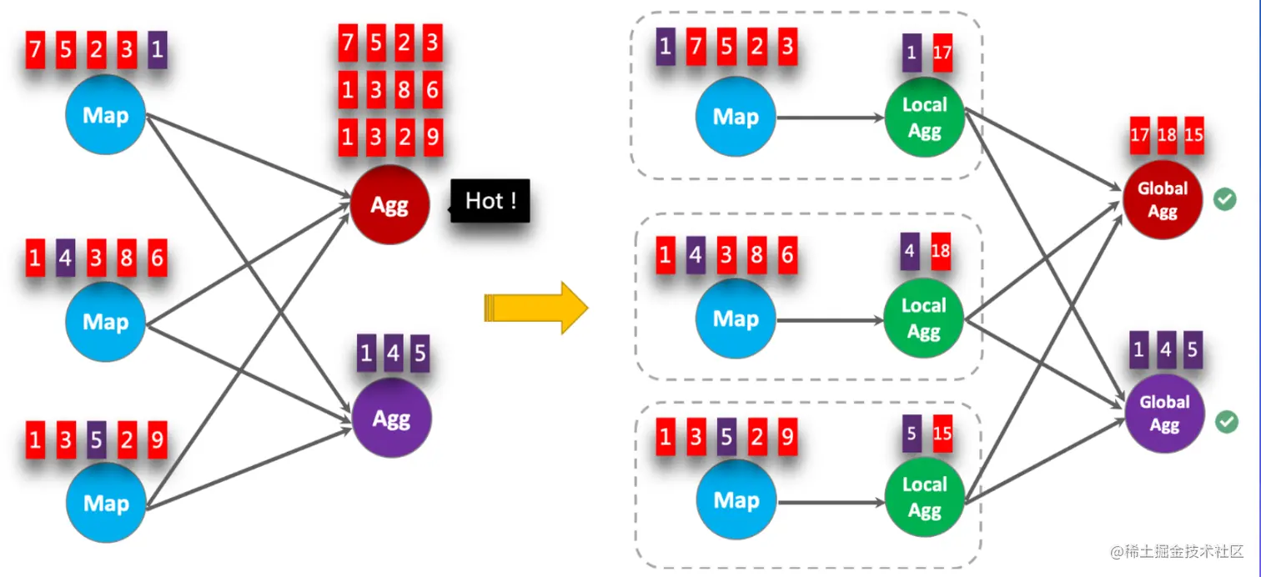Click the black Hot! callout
click(x=490, y=201)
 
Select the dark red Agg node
click(x=389, y=205)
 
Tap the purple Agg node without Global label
click(x=391, y=417)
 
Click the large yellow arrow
click(x=536, y=308)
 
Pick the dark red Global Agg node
click(x=1162, y=200)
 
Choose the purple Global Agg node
click(x=1164, y=413)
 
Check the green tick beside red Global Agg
click(x=1224, y=199)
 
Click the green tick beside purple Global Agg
click(x=1225, y=421)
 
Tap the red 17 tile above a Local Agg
click(x=942, y=53)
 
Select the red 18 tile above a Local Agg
click(x=941, y=251)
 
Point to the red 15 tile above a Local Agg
click(x=942, y=434)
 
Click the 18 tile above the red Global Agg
click(x=1167, y=135)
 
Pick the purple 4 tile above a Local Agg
click(x=911, y=251)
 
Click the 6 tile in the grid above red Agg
click(x=432, y=90)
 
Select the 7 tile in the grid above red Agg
click(x=348, y=43)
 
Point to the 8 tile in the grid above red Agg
click(x=404, y=90)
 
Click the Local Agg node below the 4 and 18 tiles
click(x=924, y=319)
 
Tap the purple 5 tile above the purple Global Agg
click(x=1193, y=350)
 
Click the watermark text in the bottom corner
click(x=1177, y=552)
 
